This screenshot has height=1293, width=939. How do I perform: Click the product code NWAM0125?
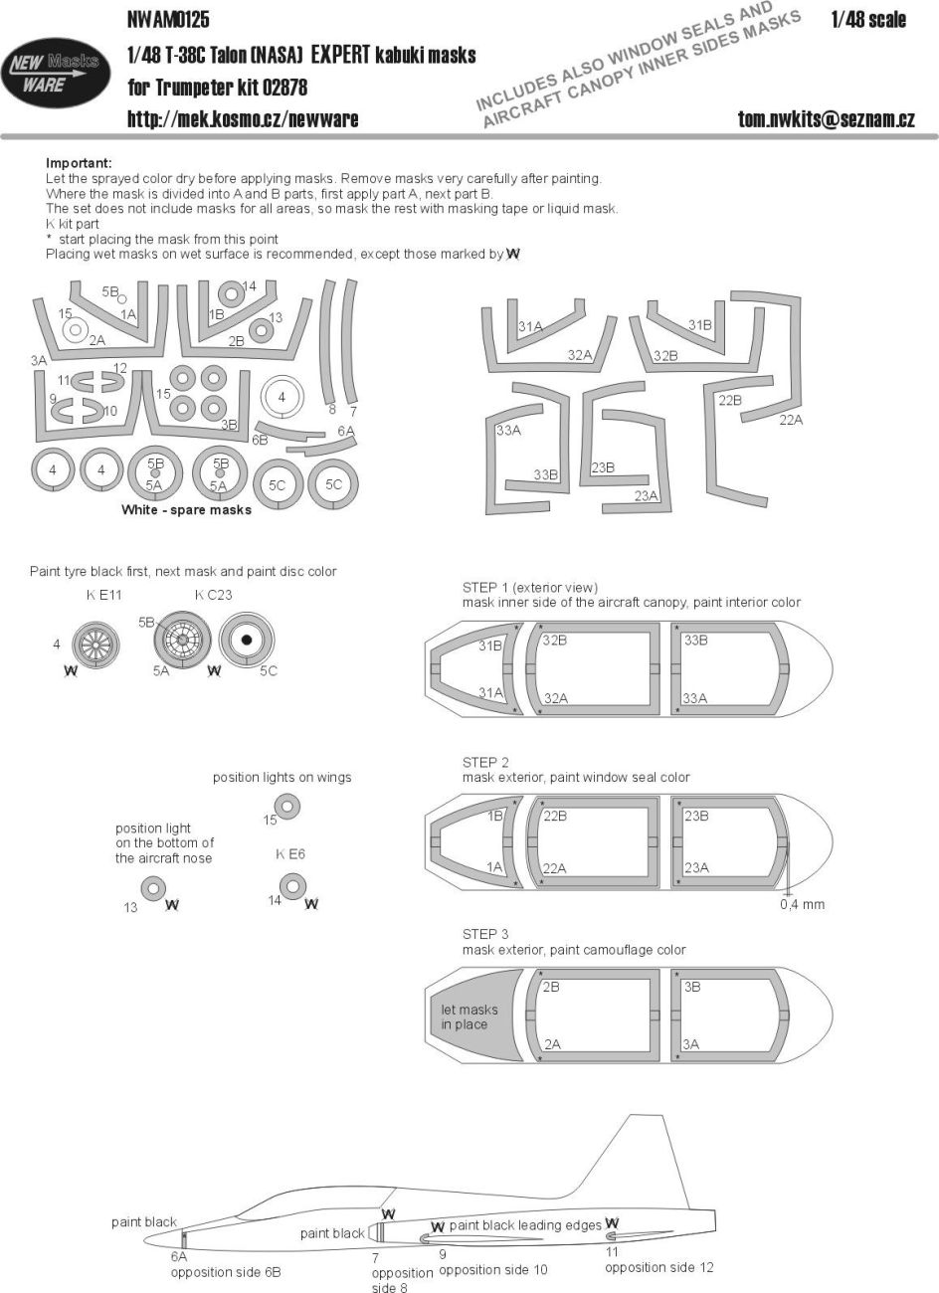click(x=168, y=19)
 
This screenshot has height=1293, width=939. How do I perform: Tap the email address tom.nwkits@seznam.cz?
click(x=826, y=119)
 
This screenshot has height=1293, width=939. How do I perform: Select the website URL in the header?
click(x=243, y=119)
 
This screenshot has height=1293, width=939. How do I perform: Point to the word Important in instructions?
click(x=79, y=163)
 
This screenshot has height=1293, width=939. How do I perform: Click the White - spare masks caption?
click(x=186, y=510)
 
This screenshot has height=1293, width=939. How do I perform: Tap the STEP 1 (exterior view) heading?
click(x=530, y=588)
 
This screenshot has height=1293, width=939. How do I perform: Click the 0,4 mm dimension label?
click(x=803, y=904)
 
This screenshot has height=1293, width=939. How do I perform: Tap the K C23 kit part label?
click(x=213, y=596)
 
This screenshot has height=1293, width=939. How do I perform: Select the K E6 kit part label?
click(x=289, y=854)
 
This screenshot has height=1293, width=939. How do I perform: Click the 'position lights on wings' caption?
click(x=282, y=777)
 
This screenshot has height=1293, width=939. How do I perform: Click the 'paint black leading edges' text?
click(x=525, y=1225)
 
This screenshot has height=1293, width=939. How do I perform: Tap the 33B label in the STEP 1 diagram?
click(x=695, y=640)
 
